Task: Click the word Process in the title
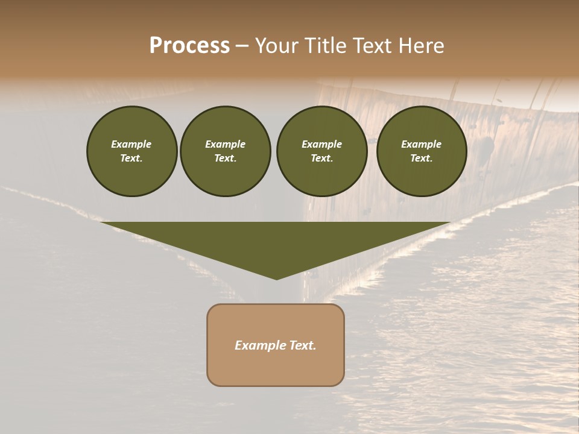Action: (x=189, y=46)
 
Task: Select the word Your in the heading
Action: (x=277, y=46)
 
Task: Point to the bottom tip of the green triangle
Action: (x=276, y=278)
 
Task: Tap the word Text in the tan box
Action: (x=303, y=345)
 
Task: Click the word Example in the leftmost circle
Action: (x=131, y=144)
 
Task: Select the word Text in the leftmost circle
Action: (x=131, y=158)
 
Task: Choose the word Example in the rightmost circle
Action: (x=421, y=144)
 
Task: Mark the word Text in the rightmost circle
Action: (x=421, y=158)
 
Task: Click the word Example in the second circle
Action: (x=225, y=144)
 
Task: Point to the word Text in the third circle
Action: (x=321, y=158)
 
